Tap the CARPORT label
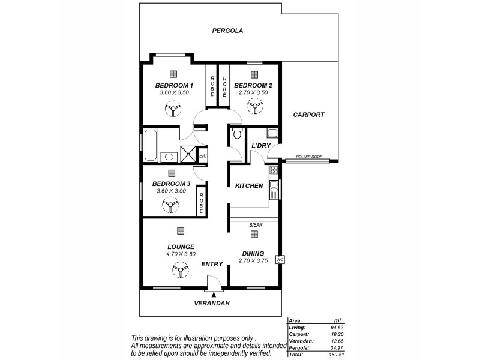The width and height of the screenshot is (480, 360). click(308, 115)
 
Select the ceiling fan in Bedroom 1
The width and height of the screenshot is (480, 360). click(173, 109)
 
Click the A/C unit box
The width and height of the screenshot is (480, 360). click(280, 260)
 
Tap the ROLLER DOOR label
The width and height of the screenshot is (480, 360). click(309, 157)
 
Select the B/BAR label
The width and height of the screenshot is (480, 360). click(256, 225)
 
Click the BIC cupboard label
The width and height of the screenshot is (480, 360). click(202, 155)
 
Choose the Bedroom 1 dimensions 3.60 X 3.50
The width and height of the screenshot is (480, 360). click(174, 93)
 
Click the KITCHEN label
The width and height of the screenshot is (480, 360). click(249, 186)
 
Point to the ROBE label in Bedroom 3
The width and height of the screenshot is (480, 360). click(202, 203)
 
